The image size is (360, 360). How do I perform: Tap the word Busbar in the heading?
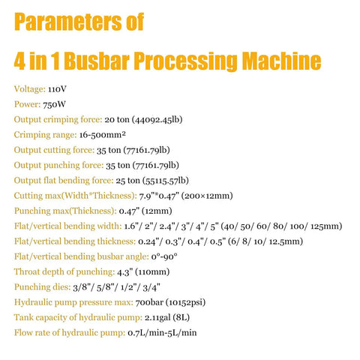click(97, 61)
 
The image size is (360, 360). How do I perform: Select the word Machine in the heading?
click(282, 61)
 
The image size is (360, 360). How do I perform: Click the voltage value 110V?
click(57, 89)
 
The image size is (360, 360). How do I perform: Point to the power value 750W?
click(54, 104)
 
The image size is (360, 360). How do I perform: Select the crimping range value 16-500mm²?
click(103, 135)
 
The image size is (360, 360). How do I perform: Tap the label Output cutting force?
click(54, 150)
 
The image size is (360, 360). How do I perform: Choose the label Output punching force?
click(58, 166)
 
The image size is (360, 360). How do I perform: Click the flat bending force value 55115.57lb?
click(166, 181)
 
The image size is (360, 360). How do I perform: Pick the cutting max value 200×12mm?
click(207, 196)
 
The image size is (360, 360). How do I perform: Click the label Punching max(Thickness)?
click(65, 211)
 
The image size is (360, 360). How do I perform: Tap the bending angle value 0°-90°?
click(164, 256)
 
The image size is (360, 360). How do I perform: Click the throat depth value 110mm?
click(152, 272)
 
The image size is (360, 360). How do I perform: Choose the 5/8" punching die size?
click(103, 287)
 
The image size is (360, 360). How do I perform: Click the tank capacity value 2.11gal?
click(157, 318)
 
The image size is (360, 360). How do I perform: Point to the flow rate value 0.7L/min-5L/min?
click(162, 333)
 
